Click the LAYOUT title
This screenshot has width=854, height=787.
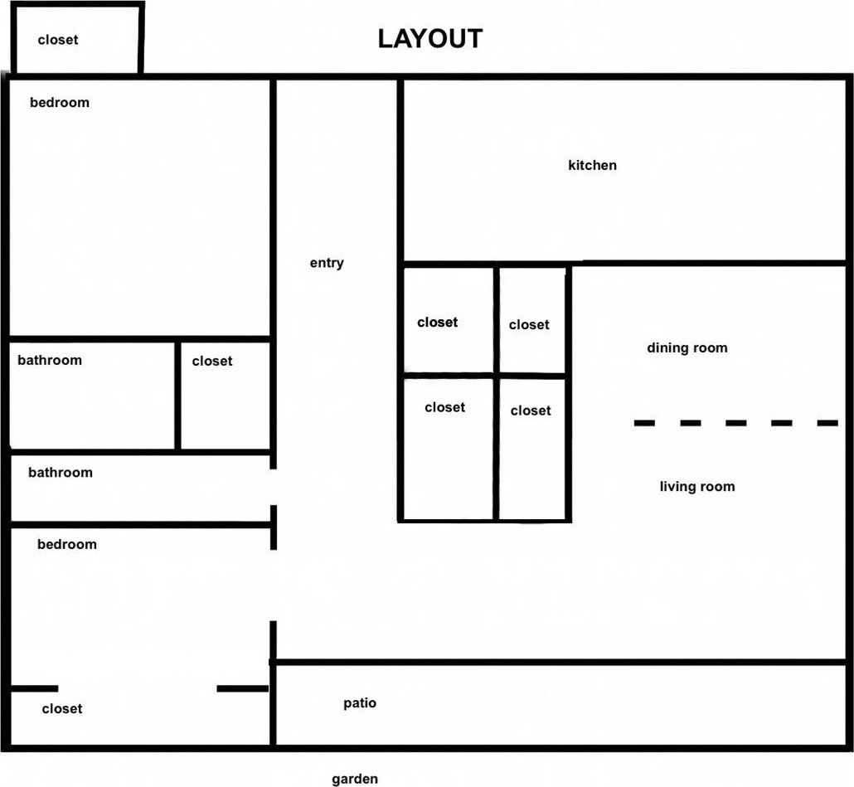point(430,39)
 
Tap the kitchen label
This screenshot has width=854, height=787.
point(593,165)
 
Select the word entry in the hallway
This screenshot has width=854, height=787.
point(327,263)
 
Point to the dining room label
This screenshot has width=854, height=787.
point(687,347)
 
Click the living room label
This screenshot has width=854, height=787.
point(697,486)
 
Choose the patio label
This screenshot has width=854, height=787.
point(360,703)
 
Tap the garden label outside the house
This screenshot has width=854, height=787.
point(355,779)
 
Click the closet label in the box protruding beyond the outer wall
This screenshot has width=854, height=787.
point(58,40)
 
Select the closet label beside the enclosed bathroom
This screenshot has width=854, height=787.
point(212,361)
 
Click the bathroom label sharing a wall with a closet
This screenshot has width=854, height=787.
point(50,360)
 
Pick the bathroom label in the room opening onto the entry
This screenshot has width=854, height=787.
point(61,472)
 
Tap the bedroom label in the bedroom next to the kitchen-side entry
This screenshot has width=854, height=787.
point(60,102)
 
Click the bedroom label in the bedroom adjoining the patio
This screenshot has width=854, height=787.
point(67,544)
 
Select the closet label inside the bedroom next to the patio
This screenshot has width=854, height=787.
point(62,708)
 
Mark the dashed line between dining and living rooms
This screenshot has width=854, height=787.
point(735,423)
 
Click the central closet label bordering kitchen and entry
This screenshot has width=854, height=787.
point(437,323)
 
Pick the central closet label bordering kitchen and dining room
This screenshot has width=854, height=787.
point(529,324)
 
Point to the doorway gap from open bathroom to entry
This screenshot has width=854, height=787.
point(274,487)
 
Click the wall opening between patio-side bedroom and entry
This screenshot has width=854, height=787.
point(274,585)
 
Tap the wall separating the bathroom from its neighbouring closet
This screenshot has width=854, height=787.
point(177,396)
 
